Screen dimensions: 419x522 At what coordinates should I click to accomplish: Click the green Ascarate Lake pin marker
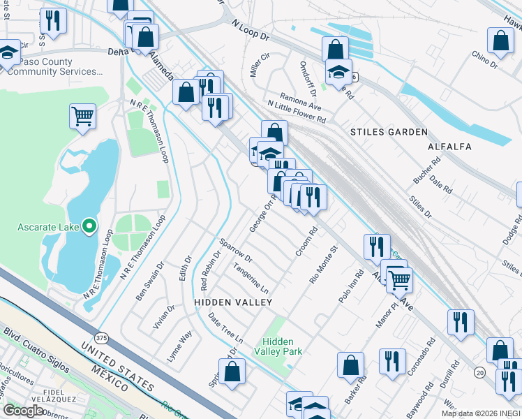89,226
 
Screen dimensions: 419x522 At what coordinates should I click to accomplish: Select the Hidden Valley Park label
282,346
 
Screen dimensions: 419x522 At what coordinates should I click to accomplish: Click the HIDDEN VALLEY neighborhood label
232,302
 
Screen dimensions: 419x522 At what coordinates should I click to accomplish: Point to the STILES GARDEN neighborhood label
388,132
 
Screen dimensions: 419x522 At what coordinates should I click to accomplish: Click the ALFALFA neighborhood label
450,147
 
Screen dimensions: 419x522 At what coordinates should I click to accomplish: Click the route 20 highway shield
479,373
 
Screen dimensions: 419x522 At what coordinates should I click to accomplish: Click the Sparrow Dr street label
235,251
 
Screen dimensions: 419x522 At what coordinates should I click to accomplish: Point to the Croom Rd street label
306,240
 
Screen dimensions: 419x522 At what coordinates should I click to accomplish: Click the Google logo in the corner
24,410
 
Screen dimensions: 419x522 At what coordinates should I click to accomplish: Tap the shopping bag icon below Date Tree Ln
232,371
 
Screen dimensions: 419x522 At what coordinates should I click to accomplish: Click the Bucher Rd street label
427,170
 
